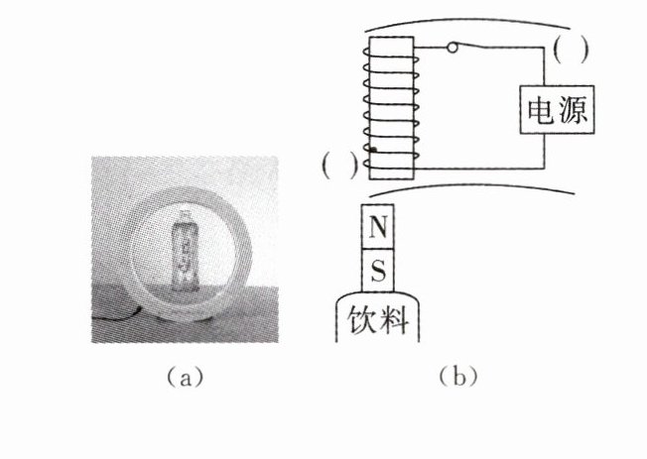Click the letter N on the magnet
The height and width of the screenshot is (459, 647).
tap(377, 228)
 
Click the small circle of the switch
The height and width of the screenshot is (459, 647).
tap(453, 48)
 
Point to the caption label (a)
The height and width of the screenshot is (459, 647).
tap(186, 377)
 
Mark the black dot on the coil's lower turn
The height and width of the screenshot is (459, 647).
tap(372, 150)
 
